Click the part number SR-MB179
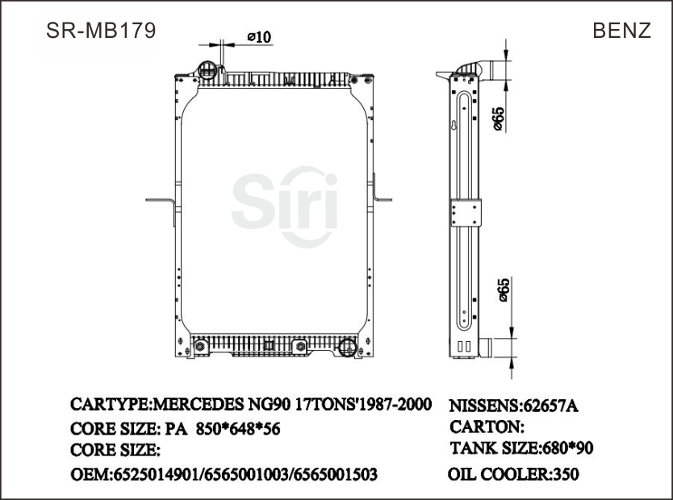101,31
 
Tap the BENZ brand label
621,31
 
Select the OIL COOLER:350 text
513,475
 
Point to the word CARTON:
487,427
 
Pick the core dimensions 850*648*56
238,429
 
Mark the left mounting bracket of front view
161,201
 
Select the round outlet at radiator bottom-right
347,348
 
